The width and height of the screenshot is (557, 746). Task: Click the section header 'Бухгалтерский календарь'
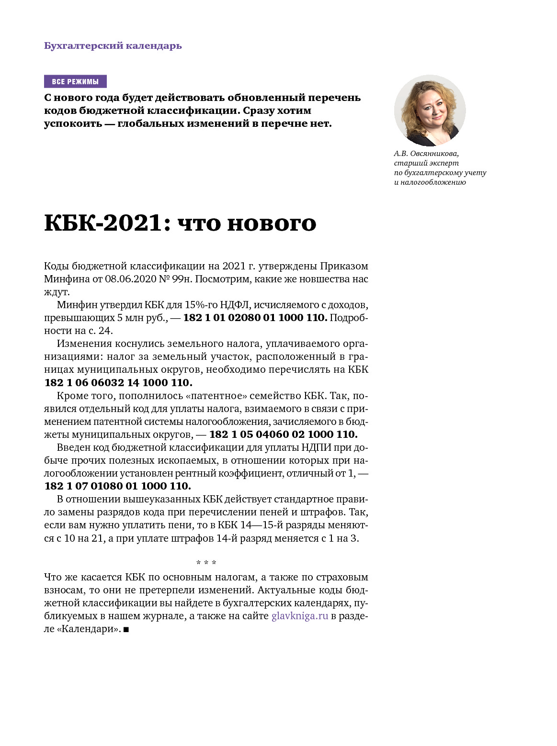113,46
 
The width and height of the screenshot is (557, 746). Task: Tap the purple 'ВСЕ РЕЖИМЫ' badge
75,81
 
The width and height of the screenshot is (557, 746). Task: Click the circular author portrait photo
430,111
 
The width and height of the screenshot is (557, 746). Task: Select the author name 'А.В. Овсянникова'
426,154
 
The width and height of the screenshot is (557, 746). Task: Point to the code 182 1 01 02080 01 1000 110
255,318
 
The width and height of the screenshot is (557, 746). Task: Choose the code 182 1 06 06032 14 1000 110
118,383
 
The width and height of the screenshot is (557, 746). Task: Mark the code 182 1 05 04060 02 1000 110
284,434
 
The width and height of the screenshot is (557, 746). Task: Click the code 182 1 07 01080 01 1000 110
118,486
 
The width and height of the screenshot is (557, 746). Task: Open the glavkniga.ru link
300,616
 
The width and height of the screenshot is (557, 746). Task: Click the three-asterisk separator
206,563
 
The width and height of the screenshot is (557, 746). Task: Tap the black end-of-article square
126,630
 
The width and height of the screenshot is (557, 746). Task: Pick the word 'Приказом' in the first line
344,266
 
